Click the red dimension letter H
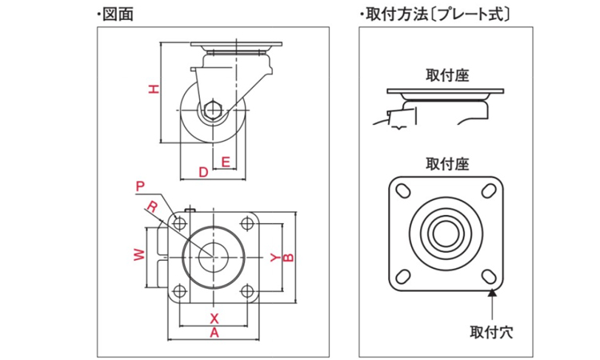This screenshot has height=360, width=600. click(154, 90)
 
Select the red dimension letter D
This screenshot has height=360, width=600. click(203, 171)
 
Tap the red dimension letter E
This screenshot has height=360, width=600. click(226, 161)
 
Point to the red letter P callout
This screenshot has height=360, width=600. click(140, 186)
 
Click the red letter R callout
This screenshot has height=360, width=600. click(152, 206)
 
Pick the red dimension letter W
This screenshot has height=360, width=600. click(138, 255)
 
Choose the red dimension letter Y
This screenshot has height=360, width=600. click(275, 258)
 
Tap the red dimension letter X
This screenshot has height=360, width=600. click(214, 318)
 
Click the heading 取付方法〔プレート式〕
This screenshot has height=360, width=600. click(437, 14)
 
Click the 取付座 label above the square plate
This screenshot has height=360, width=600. click(447, 164)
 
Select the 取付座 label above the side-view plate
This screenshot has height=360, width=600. click(447, 75)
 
